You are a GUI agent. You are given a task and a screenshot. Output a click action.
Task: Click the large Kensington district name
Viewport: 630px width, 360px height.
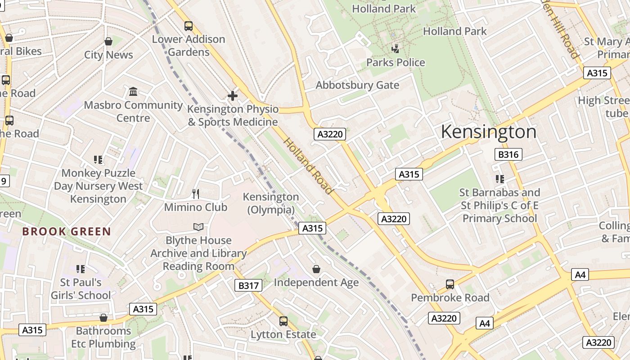[488, 132]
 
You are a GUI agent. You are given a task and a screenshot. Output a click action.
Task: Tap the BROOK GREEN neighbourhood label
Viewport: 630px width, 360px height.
[67, 232]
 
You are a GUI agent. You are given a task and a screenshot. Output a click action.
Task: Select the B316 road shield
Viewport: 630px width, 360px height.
[508, 154]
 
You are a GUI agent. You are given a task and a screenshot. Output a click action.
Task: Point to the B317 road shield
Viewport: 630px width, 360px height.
[248, 285]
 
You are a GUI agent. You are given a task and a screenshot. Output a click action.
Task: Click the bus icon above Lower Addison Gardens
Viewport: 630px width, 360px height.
[189, 26]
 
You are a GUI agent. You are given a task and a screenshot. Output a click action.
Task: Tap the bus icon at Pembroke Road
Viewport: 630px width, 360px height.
[450, 284]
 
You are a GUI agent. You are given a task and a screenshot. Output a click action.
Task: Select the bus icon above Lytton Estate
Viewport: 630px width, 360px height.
[283, 321]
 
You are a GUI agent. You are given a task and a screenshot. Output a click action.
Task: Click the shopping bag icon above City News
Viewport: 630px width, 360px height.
[108, 42]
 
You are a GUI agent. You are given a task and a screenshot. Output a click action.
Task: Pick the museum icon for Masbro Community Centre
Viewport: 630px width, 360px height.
[133, 92]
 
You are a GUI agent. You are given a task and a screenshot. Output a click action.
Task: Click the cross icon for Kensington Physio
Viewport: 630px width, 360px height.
[233, 96]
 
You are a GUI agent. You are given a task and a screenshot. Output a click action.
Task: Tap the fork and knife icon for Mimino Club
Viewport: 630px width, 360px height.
[196, 194]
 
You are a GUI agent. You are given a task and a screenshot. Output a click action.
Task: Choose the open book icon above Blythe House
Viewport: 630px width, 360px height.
[198, 227]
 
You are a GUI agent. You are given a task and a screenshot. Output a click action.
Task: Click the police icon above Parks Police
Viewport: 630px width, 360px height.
[396, 49]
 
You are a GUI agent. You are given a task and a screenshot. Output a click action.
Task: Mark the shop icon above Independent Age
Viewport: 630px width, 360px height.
[316, 269]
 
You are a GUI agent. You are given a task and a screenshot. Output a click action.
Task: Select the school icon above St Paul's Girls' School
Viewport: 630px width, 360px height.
[81, 269]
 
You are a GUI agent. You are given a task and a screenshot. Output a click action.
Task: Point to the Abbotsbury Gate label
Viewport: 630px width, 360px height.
[357, 85]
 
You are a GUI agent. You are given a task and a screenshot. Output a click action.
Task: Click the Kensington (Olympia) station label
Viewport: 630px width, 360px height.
[271, 203]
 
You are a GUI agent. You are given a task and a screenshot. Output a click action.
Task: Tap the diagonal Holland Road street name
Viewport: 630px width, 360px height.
[308, 166]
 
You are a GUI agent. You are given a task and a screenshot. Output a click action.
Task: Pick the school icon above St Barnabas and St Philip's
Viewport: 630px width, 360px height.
[499, 179]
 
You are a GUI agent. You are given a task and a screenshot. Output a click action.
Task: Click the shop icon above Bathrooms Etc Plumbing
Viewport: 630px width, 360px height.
[103, 318]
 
